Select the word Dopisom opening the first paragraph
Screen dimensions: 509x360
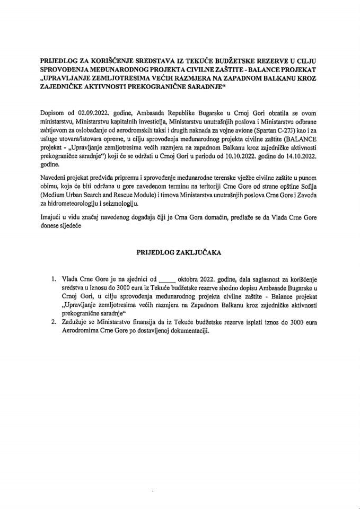(x=52, y=114)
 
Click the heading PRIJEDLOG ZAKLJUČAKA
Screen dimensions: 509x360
(x=179, y=254)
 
